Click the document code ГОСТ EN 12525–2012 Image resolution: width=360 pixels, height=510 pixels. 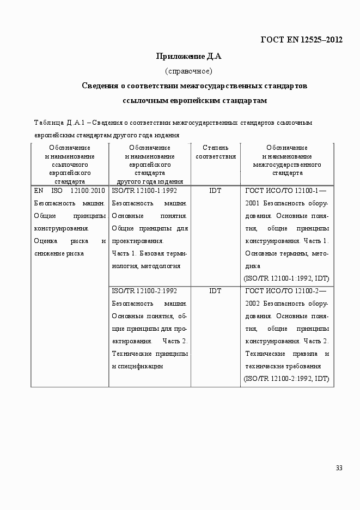click(x=301, y=40)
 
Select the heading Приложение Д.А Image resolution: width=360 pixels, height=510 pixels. click(x=188, y=56)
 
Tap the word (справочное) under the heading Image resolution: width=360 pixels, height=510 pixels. click(x=188, y=71)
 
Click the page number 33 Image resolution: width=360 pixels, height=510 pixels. click(x=339, y=468)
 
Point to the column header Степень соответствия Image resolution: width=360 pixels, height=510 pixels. click(x=215, y=152)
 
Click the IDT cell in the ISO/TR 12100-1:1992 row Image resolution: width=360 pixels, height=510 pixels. click(x=215, y=191)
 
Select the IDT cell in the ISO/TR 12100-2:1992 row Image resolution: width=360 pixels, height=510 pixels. click(x=215, y=291)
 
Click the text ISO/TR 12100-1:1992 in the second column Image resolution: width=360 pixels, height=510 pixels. click(x=144, y=191)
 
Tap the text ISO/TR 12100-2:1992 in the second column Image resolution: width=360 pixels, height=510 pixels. click(x=144, y=291)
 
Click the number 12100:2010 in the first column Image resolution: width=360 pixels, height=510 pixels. click(x=88, y=191)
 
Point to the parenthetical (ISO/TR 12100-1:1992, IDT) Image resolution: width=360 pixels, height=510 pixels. click(x=286, y=278)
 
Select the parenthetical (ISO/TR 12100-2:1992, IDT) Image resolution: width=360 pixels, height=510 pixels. click(x=286, y=379)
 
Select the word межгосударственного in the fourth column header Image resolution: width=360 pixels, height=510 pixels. click(x=287, y=165)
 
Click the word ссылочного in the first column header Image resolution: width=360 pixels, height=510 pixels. click(x=70, y=165)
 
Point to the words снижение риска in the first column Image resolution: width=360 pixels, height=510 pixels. click(x=59, y=253)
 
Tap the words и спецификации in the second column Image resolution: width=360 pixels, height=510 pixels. click(x=137, y=366)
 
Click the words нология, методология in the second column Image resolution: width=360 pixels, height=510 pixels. click(x=145, y=266)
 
